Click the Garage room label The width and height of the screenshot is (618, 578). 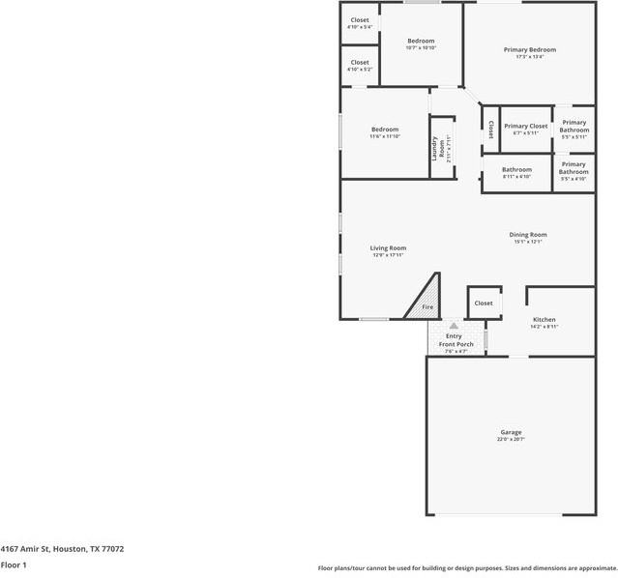511,432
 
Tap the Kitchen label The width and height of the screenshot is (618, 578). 544,319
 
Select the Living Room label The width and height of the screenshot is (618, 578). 388,247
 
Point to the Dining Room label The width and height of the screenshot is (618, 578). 528,235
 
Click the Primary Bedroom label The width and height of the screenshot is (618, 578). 529,49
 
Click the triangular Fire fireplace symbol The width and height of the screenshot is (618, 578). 425,303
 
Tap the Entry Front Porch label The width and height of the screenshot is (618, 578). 454,339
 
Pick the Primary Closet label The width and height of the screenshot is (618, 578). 525,126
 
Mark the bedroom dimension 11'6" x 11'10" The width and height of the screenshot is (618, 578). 385,136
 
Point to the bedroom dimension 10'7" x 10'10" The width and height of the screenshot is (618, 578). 421,47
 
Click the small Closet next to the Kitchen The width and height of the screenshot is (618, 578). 484,303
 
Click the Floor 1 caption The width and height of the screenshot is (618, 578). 14,564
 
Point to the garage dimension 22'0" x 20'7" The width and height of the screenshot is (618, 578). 511,440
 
